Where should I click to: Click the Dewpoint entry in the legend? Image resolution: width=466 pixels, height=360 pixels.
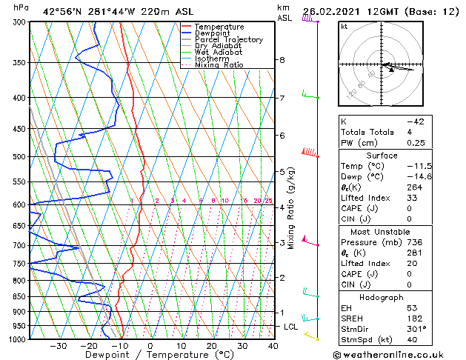click(212, 33)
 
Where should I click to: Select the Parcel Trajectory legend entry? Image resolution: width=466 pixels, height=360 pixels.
click(228, 40)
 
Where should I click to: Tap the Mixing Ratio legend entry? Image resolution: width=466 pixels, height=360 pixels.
click(219, 65)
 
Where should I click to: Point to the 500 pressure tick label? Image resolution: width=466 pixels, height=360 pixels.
click(17, 157)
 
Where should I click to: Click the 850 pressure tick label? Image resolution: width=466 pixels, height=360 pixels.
click(17, 296)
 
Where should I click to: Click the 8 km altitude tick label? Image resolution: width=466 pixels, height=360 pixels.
click(282, 59)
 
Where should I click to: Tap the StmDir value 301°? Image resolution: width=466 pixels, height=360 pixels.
click(415, 329)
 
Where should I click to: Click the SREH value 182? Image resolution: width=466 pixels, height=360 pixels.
click(413, 318)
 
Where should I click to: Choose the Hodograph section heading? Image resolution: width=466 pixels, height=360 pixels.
click(382, 296)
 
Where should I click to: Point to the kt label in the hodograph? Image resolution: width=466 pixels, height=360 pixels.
click(344, 26)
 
